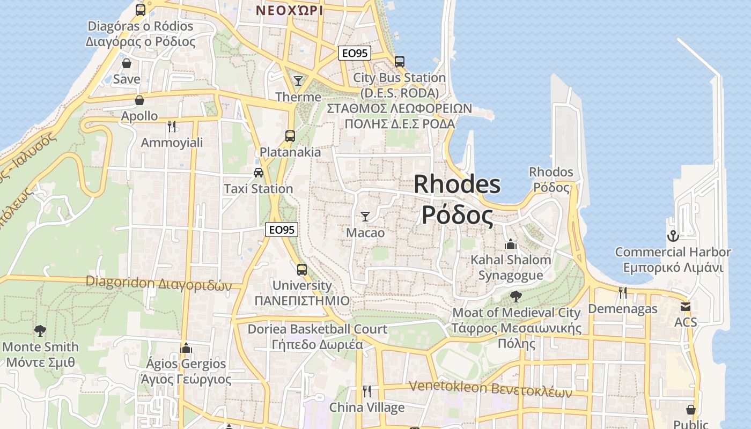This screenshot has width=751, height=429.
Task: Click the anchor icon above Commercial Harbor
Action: [x=673, y=236]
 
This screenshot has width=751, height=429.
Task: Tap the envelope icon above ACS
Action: [x=686, y=307]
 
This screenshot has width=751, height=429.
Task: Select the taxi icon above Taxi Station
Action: [x=259, y=173]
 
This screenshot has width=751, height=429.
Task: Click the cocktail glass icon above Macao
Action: [x=365, y=217]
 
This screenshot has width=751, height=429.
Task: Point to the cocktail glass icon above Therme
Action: [x=298, y=81]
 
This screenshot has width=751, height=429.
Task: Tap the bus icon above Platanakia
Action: [x=290, y=136]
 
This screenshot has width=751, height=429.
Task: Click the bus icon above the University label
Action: [x=302, y=270]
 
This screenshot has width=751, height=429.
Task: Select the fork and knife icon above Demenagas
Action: [x=622, y=293]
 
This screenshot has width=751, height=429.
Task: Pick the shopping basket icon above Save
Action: [x=127, y=64]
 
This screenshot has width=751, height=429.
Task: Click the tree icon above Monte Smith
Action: [x=40, y=330]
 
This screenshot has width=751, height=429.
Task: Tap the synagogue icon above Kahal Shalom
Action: [x=511, y=245]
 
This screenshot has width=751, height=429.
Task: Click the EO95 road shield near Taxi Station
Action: [x=282, y=230]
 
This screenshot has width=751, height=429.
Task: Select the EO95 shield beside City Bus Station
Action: [x=355, y=53]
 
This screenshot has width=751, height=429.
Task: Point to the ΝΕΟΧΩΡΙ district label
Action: [x=290, y=10]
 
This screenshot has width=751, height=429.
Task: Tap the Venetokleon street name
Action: [x=447, y=387]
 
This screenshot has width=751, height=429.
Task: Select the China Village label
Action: [x=367, y=408]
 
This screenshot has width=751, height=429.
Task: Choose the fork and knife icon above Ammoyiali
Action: [x=172, y=127]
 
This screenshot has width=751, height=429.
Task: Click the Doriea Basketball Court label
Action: [x=317, y=329]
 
